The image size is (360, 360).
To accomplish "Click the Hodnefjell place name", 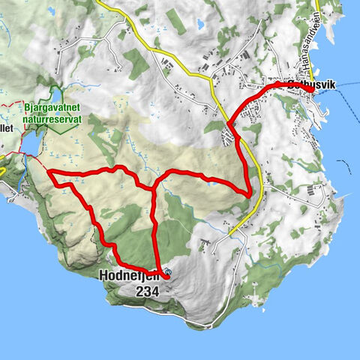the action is [x=129, y=275].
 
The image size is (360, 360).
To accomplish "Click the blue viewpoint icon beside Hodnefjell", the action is [x=167, y=271].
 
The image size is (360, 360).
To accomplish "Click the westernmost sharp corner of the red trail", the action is [x=49, y=174].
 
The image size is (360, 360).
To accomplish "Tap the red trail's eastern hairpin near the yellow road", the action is [x=248, y=194].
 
